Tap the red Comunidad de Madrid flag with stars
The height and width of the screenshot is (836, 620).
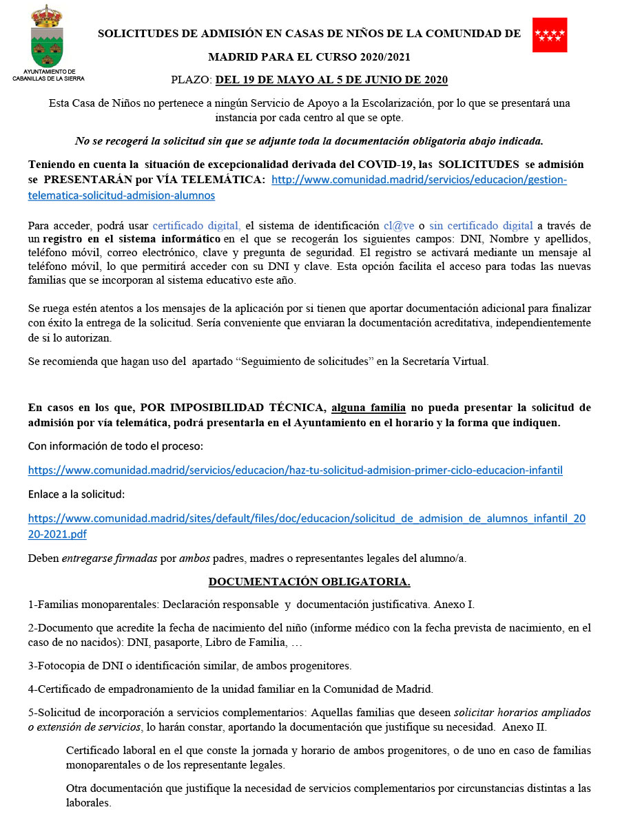(x=549, y=35)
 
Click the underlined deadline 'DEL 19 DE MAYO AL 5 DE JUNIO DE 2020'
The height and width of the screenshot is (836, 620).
(x=331, y=80)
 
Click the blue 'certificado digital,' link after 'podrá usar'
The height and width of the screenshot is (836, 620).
(x=196, y=225)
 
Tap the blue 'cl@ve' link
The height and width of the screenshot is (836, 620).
(x=400, y=225)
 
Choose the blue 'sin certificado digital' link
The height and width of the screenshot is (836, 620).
(x=481, y=225)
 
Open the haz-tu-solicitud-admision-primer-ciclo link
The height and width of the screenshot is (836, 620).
(x=295, y=470)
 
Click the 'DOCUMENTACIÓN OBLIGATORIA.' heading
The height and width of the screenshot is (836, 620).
(x=309, y=582)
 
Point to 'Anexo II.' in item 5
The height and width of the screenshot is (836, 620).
(x=525, y=727)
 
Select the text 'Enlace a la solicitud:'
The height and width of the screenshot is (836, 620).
(x=76, y=494)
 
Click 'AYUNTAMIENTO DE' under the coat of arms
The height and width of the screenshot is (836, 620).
(x=49, y=72)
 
